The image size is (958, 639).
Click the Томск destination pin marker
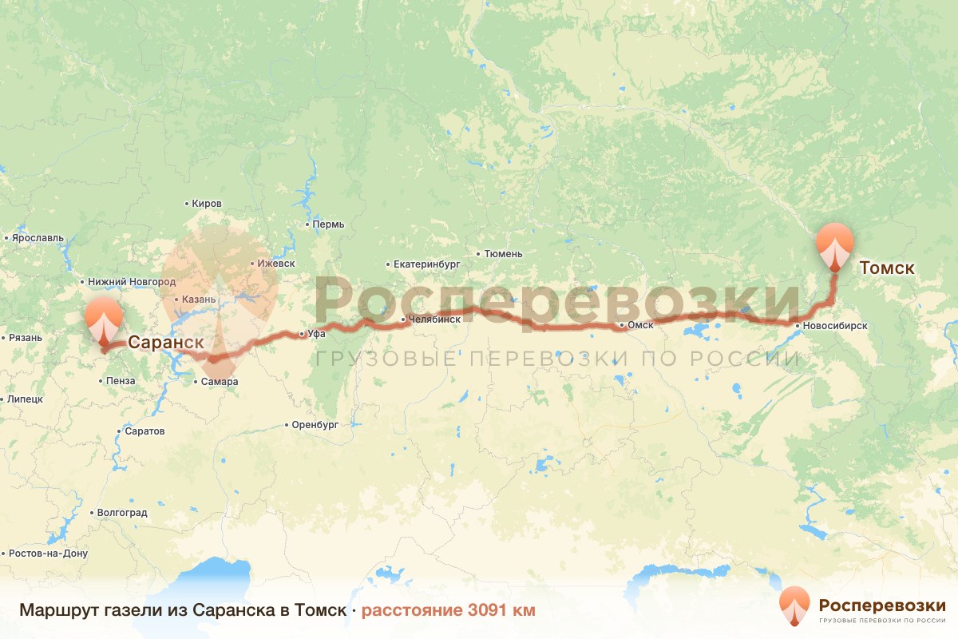point(835,244)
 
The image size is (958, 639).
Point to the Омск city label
point(641,325)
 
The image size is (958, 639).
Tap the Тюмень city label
point(503,254)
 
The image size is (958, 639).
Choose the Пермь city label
point(328,224)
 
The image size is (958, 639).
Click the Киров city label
point(207,204)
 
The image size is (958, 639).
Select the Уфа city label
point(316,334)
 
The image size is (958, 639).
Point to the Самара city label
point(220,382)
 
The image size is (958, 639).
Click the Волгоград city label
point(121,513)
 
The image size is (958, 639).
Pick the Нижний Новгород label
point(131,282)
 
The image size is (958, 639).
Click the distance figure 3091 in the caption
point(489,610)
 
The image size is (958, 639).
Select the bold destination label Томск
point(887,268)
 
